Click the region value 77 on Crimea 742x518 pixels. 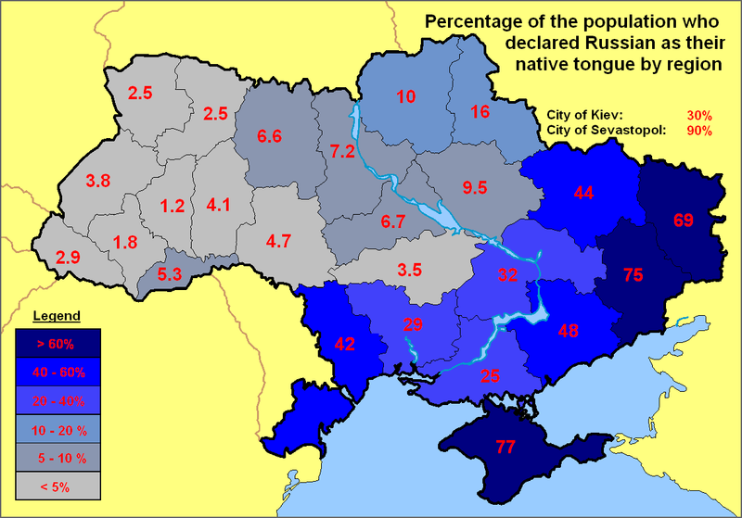[505, 448]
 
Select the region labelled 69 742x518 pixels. [684, 220]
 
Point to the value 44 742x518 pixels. [583, 194]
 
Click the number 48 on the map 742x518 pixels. [567, 329]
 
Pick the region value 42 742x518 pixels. [345, 344]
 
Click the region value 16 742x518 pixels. [480, 112]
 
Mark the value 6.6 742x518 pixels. [269, 136]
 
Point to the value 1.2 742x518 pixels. [173, 206]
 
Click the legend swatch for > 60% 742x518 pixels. [64, 343]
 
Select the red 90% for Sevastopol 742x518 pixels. [699, 131]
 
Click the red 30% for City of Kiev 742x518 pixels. [699, 116]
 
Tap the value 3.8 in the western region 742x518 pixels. [98, 181]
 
